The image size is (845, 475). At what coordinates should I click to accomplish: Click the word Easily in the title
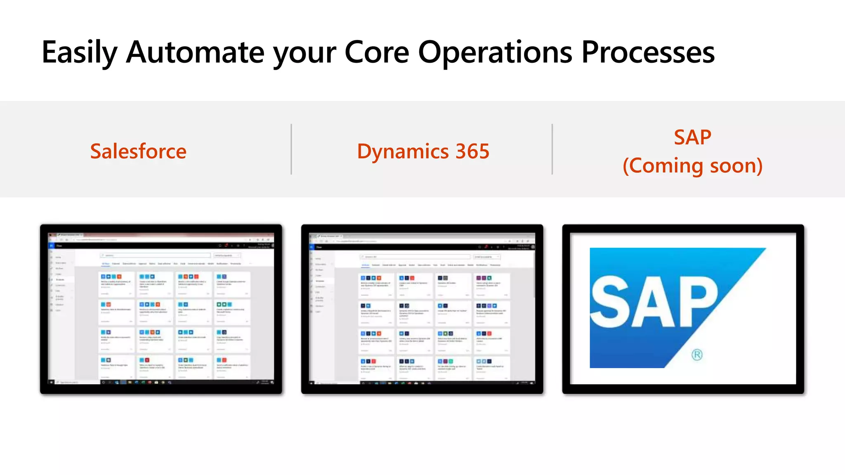coord(80,53)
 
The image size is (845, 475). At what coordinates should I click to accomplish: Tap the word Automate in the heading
coord(195,53)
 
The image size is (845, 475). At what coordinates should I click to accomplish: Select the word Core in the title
coord(376,53)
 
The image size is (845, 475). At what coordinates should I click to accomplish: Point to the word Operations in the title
coord(495,53)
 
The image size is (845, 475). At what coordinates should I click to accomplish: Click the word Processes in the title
coord(648,53)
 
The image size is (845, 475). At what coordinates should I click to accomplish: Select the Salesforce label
coord(138,151)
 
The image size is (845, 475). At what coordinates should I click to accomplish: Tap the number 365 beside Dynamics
coord(472,151)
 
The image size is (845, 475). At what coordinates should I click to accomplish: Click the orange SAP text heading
coord(692,137)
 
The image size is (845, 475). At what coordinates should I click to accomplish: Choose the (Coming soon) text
coord(692,166)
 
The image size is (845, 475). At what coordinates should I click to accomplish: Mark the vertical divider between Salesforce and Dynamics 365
coord(291,149)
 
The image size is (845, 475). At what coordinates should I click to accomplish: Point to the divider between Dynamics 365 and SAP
coord(552,149)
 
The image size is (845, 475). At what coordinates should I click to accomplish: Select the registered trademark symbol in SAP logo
coord(697,355)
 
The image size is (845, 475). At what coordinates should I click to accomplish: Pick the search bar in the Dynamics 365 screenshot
coord(415,257)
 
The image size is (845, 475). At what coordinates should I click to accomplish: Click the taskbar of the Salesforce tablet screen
coord(161,382)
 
